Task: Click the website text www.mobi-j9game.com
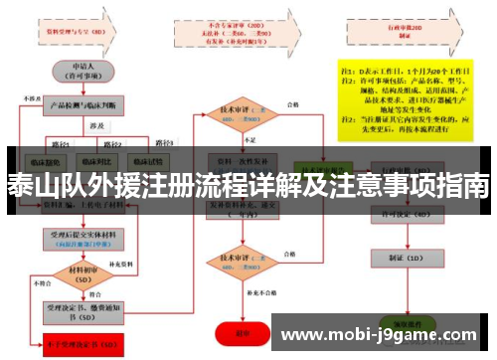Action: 378,335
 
